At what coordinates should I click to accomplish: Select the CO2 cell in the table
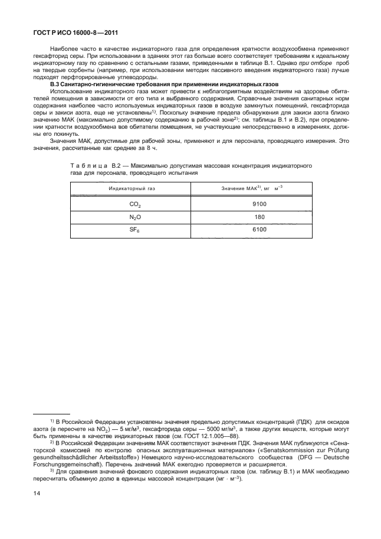[135, 204]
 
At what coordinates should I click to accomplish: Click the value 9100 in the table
[260, 204]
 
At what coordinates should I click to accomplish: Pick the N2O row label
[135, 216]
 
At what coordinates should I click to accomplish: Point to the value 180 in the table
[260, 216]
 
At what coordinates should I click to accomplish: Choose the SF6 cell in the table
[135, 229]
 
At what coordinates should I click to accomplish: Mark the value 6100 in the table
[260, 229]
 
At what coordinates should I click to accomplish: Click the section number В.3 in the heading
[55, 86]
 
